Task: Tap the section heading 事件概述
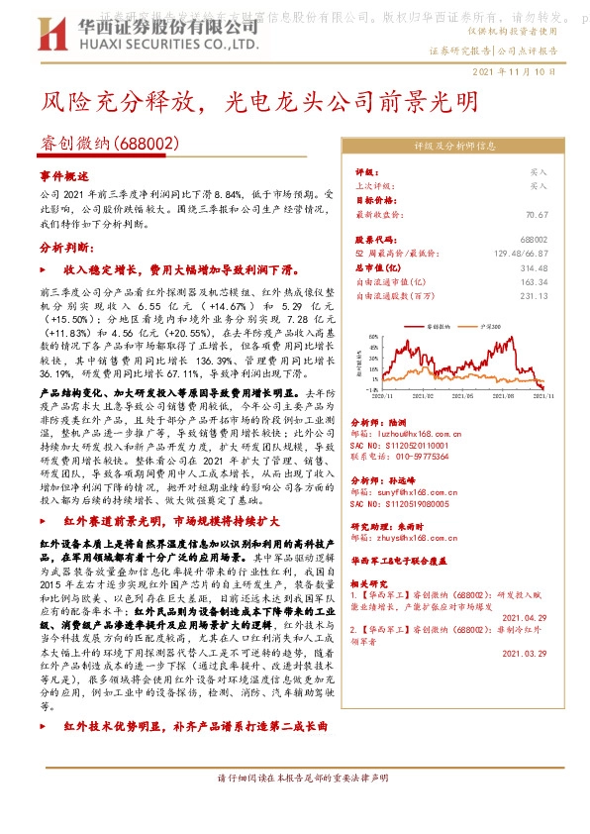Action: point(61,174)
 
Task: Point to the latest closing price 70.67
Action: point(536,214)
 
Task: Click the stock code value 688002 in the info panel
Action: point(533,240)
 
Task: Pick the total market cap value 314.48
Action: point(534,267)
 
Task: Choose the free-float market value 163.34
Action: point(534,281)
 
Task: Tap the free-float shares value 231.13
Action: point(534,295)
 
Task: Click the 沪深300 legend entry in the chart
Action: point(491,324)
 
